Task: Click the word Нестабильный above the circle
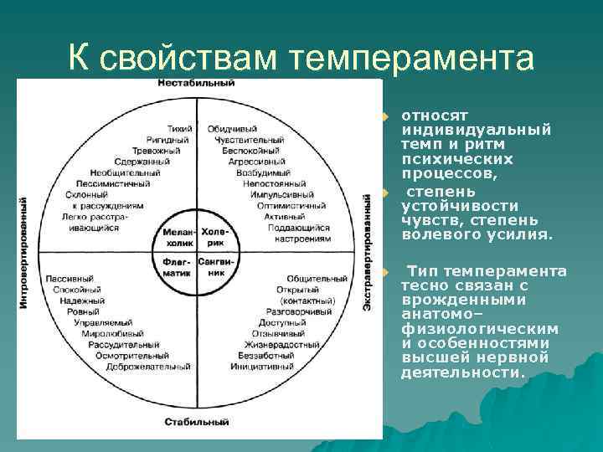point(196,83)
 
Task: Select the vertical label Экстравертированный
point(368,253)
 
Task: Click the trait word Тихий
point(179,129)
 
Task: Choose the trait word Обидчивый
point(233,129)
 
